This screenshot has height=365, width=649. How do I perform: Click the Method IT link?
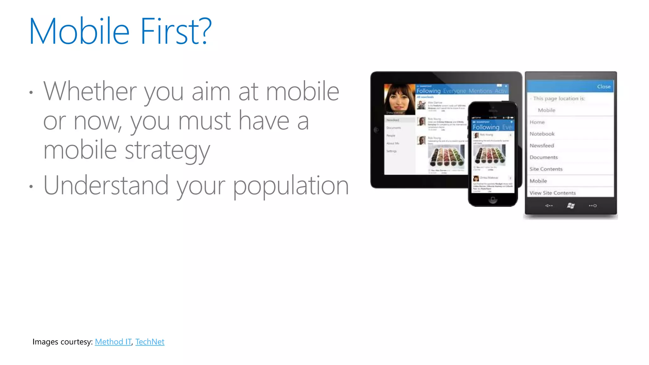pyautogui.click(x=113, y=342)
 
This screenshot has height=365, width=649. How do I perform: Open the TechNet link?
pyautogui.click(x=150, y=342)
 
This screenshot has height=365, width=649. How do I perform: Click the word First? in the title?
pyautogui.click(x=176, y=31)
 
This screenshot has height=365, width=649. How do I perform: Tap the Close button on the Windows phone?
pyautogui.click(x=603, y=86)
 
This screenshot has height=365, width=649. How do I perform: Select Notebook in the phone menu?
pyautogui.click(x=542, y=134)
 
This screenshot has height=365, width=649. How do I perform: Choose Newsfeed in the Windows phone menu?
pyautogui.click(x=542, y=145)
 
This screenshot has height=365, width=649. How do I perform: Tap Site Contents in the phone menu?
pyautogui.click(x=546, y=169)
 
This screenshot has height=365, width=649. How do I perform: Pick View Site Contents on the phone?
pyautogui.click(x=552, y=193)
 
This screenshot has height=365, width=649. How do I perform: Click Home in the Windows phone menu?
pyautogui.click(x=537, y=122)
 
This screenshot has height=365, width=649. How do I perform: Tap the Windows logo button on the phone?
pyautogui.click(x=571, y=206)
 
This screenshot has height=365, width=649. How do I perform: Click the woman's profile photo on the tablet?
pyautogui.click(x=399, y=99)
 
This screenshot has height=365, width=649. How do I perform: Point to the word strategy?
pyautogui.click(x=167, y=150)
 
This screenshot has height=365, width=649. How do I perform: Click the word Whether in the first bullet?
pyautogui.click(x=90, y=91)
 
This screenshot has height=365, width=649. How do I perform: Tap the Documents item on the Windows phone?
pyautogui.click(x=543, y=157)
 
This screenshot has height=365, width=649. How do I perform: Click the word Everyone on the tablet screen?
pyautogui.click(x=454, y=91)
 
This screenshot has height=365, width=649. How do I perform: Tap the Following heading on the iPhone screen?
pyautogui.click(x=486, y=127)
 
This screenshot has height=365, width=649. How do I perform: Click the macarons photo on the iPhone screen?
pyautogui.click(x=489, y=155)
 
